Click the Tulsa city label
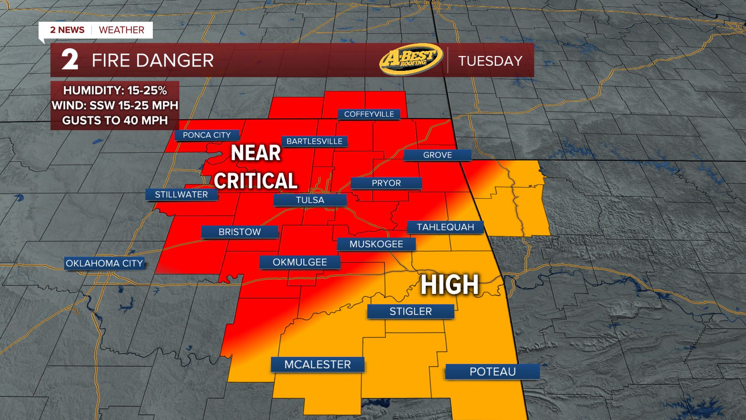pos(310,200)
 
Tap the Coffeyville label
pos(369,114)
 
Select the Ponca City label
pos(207,135)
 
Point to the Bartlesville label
pos(314,141)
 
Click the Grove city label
pos(437,155)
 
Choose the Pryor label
pos(386,183)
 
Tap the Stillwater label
pos(181,194)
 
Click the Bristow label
pos(240,232)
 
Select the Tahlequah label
pos(445,227)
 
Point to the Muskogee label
pos(376,244)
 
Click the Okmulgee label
pos(299,262)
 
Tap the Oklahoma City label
pos(104,263)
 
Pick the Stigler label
pos(410,311)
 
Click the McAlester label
pos(317,364)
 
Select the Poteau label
pos(492,371)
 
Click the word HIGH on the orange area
pos(450,285)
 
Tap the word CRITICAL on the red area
pos(256,181)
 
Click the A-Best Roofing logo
pos(411,59)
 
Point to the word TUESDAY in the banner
pos(490,61)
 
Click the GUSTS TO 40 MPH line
pos(115,121)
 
